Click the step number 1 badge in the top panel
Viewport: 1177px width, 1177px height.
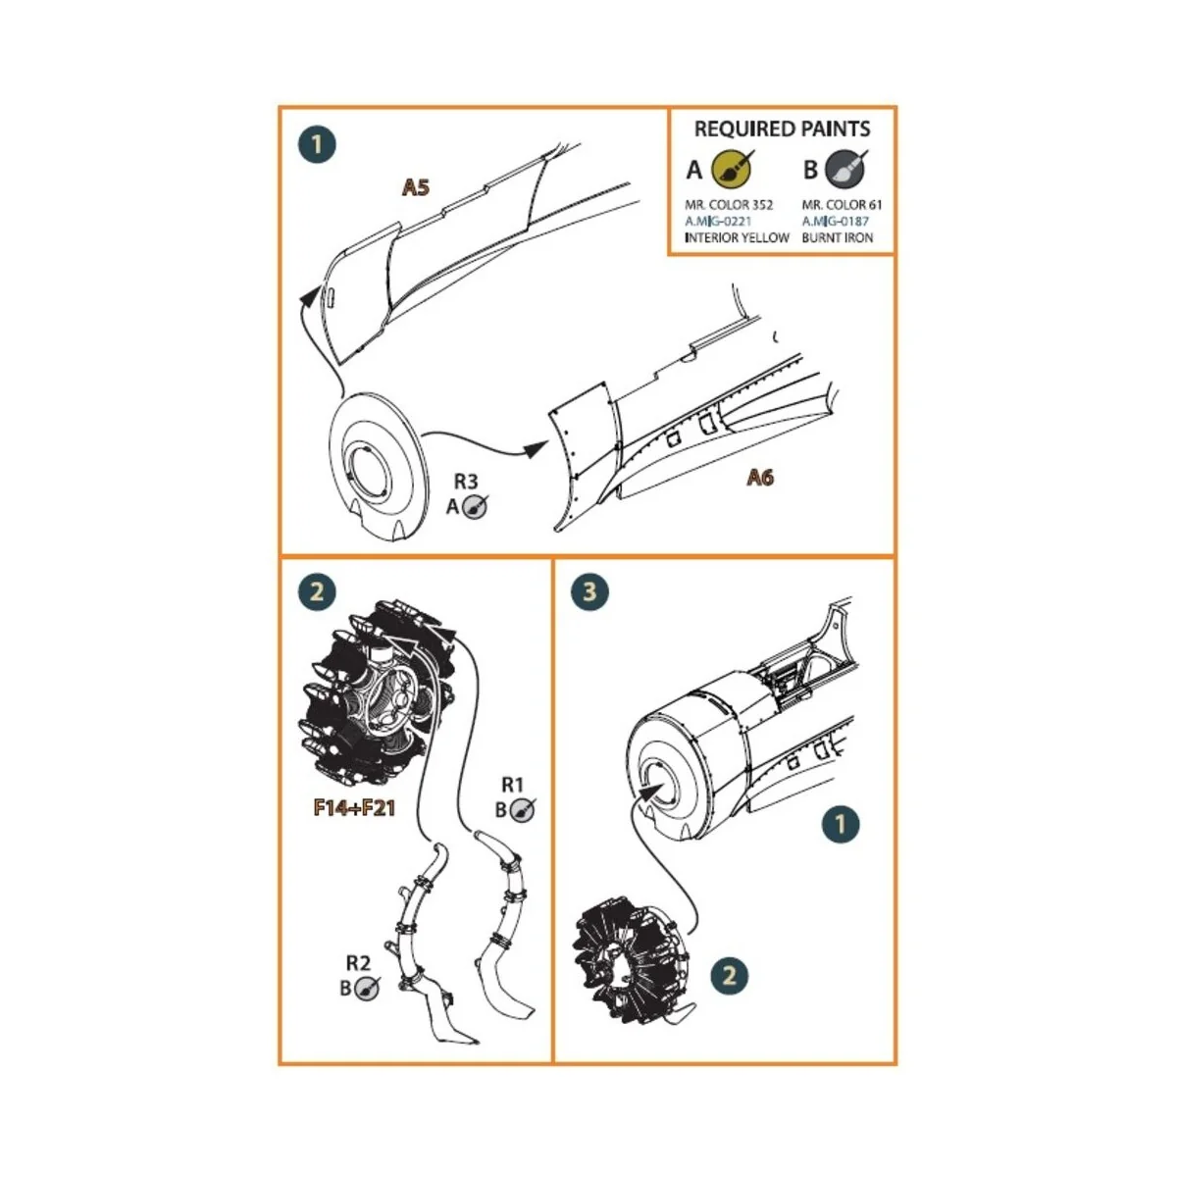tap(316, 145)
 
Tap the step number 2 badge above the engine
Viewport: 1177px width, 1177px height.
tap(316, 592)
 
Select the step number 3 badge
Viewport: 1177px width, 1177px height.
tap(589, 592)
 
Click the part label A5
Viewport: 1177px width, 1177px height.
tap(416, 187)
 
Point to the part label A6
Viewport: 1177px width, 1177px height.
tap(760, 478)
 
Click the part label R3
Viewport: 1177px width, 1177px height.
tap(466, 482)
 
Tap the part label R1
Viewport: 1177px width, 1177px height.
tap(513, 784)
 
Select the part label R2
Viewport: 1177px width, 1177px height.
tap(358, 963)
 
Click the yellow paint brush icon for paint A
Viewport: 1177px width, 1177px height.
tap(731, 169)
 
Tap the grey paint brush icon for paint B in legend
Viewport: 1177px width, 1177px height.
tap(845, 169)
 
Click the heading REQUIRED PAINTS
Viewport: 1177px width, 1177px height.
tap(782, 128)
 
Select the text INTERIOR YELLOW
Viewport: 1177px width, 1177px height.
tap(737, 237)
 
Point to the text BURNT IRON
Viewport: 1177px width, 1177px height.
tap(837, 237)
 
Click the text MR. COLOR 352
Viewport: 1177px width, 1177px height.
tap(729, 205)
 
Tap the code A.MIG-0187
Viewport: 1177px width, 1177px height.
tap(835, 222)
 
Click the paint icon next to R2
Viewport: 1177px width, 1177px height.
tap(368, 988)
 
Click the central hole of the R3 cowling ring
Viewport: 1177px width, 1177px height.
tap(365, 470)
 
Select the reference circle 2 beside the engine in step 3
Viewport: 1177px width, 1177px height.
tap(729, 975)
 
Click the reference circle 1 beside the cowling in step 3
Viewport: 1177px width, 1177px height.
tap(840, 824)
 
